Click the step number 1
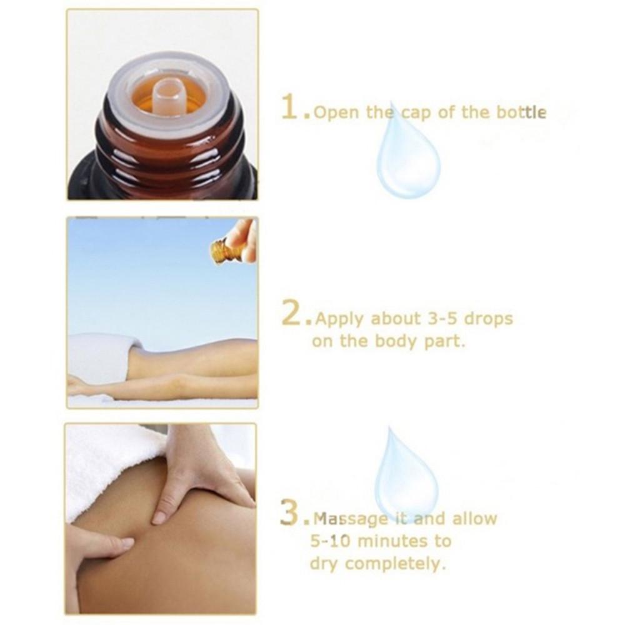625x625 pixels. coord(291,108)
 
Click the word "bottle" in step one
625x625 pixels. coord(522,113)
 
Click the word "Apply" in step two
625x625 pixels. coord(340,320)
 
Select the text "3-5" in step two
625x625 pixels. coord(443,319)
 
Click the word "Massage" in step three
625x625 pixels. coord(350,519)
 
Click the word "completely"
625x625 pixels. coord(396,564)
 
